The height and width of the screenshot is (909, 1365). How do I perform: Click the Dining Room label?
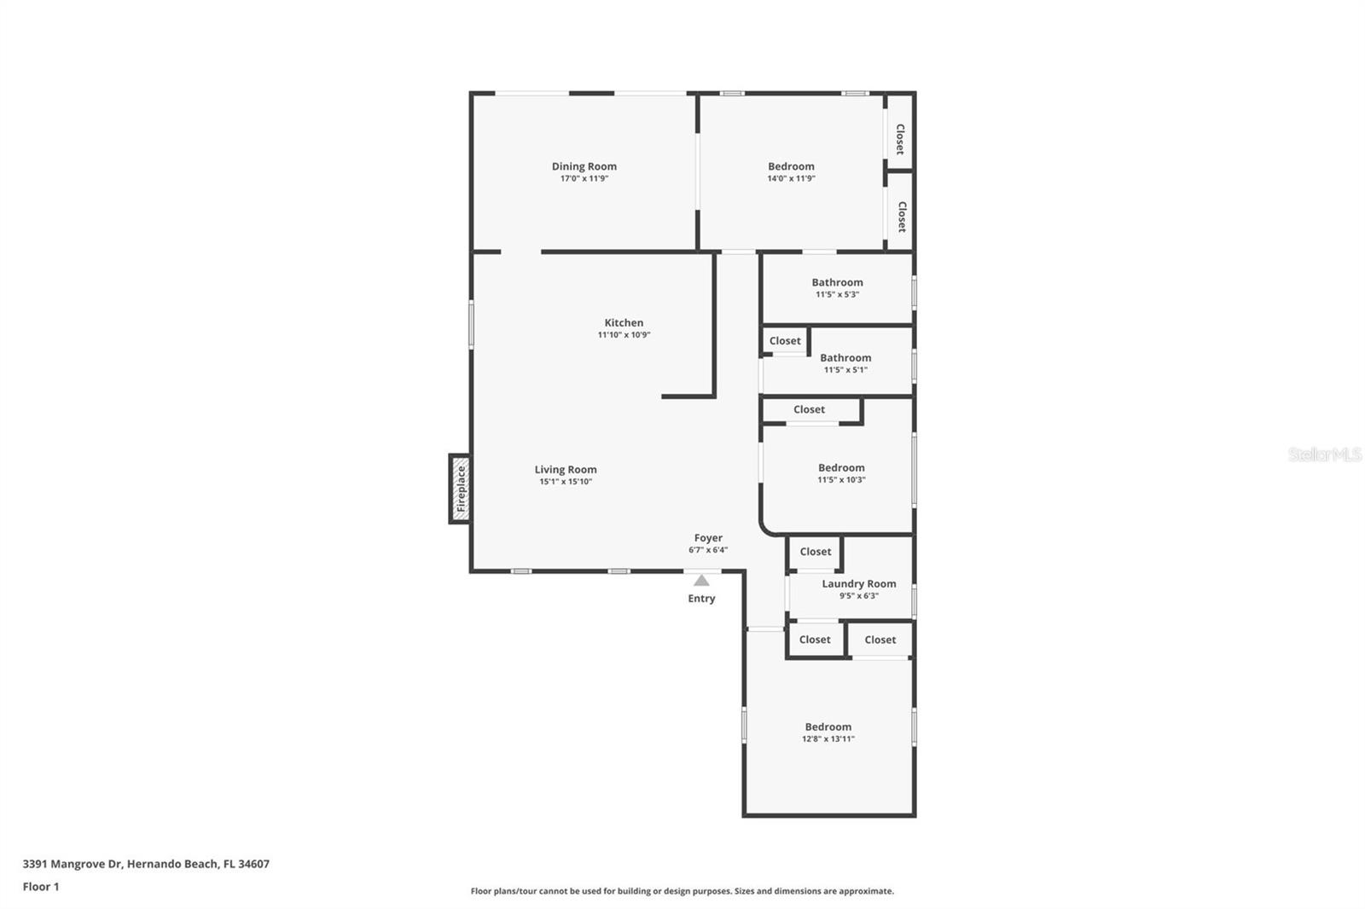point(584,166)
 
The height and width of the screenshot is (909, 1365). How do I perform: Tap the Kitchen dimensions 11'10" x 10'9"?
point(624,335)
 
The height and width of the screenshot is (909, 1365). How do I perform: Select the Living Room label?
point(565,469)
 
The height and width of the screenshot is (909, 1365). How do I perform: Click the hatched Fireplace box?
point(460,489)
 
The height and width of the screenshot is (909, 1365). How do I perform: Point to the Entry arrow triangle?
point(700,581)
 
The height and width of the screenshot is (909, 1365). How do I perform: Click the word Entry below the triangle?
point(701,599)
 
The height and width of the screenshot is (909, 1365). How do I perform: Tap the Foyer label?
point(708,538)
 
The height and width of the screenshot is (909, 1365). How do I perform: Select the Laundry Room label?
point(858,584)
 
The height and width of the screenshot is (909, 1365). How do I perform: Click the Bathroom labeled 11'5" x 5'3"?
point(837,282)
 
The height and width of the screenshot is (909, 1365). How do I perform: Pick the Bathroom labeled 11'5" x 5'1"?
point(845,358)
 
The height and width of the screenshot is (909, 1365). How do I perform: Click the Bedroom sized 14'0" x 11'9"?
point(791,166)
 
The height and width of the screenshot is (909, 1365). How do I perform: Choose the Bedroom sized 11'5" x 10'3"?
point(841,468)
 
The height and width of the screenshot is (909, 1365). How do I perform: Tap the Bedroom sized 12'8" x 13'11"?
point(828,727)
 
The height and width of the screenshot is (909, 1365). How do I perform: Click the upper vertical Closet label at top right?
point(900,139)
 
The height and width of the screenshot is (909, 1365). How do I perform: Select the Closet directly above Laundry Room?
point(815,552)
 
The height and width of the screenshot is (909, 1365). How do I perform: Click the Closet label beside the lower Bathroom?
point(785,341)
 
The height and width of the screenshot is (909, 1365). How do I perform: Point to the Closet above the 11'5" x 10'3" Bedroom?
point(809,410)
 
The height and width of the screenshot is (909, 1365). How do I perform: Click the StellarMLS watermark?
point(1324,454)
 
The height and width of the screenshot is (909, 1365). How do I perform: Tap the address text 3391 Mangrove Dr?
point(73,864)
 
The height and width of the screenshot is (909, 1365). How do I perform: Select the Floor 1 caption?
point(41,887)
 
